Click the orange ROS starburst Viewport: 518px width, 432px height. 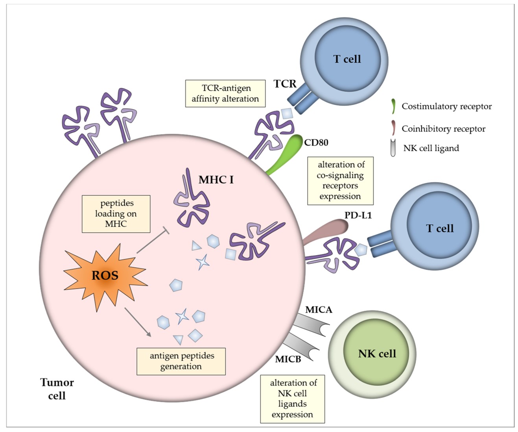click(x=105, y=275)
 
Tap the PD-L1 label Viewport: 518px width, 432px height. click(x=358, y=215)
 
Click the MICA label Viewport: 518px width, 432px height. click(x=319, y=310)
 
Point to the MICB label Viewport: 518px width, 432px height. click(x=288, y=359)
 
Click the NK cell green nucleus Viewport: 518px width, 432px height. click(x=376, y=354)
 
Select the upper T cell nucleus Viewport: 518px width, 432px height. click(x=347, y=59)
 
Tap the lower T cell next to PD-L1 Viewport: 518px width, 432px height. click(x=439, y=228)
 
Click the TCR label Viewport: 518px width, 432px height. click(x=285, y=84)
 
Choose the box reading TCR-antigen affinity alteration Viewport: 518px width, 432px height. click(x=225, y=94)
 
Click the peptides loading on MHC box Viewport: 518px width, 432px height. click(x=116, y=214)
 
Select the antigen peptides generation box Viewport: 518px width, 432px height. click(x=181, y=361)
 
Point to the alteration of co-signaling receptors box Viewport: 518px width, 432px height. click(x=340, y=181)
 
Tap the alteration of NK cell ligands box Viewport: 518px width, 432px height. click(x=292, y=399)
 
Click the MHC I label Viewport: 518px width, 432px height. click(x=216, y=180)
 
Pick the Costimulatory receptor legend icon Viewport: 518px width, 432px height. click(x=393, y=106)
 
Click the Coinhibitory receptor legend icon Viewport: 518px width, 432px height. click(x=393, y=128)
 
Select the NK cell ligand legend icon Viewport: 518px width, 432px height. click(x=393, y=148)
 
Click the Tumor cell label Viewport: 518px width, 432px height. click(x=57, y=389)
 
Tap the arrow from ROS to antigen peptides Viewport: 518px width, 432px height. click(x=138, y=322)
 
